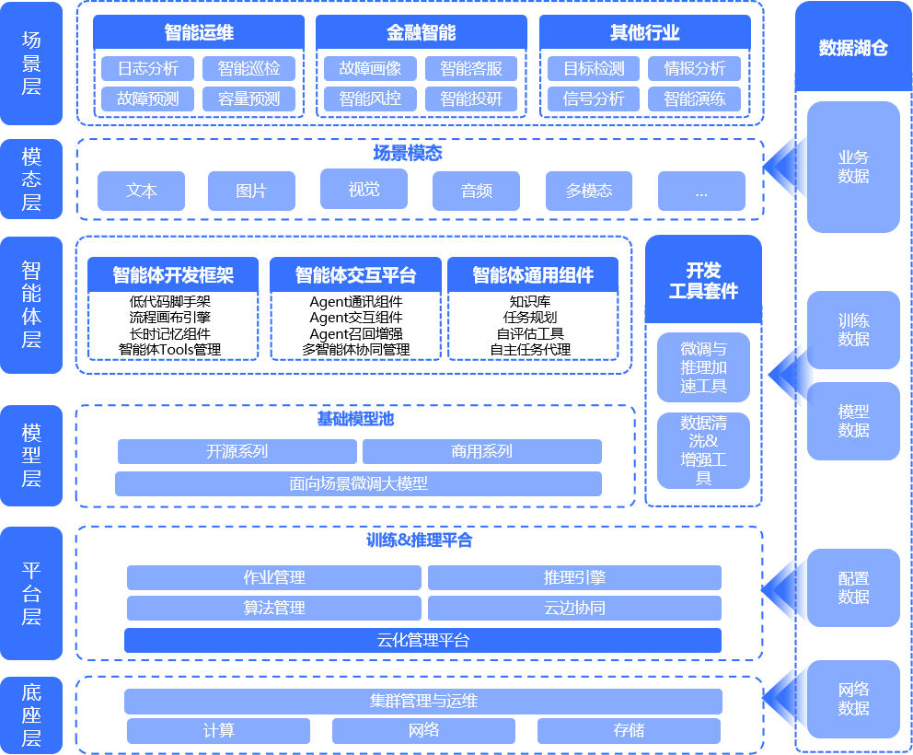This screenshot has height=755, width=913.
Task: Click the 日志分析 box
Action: pos(147,68)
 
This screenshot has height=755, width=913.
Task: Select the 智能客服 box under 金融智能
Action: pos(471,68)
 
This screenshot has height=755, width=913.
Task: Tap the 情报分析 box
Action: pos(695,68)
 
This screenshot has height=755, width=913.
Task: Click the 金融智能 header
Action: pos(422,33)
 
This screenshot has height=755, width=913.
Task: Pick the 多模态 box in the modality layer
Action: pos(589,191)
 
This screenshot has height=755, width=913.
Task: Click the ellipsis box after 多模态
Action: pos(701,191)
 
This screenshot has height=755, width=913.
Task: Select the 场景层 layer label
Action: pos(31,64)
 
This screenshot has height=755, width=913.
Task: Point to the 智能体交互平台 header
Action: pos(355,275)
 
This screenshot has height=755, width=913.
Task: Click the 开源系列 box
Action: pos(237,451)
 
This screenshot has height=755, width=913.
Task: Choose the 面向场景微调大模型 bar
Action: pos(358,483)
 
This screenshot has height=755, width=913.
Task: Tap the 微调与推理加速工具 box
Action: pos(704,367)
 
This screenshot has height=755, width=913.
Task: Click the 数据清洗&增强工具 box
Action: pos(704,450)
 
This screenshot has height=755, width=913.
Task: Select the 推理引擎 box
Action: pos(574,577)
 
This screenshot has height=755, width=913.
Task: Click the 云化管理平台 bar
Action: pos(422,640)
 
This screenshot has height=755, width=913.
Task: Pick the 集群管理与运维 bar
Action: pos(423,702)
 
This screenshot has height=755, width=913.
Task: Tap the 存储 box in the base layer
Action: pos(629,731)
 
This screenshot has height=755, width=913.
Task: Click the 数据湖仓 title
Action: pos(853,48)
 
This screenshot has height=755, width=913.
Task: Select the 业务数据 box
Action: pos(853,167)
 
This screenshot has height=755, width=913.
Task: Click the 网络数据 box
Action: pos(853,699)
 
